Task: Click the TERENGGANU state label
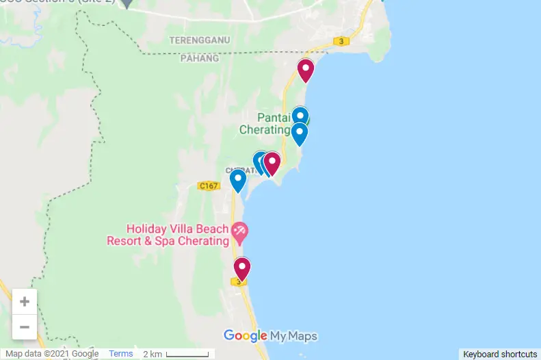(200, 40)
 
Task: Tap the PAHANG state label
(200, 58)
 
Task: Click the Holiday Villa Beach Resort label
(168, 235)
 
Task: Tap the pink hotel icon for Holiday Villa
(239, 232)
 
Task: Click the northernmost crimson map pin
(305, 69)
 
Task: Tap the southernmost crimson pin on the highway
(241, 268)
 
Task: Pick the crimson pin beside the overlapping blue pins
(272, 162)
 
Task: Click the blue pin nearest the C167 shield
(237, 179)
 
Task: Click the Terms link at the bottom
(121, 354)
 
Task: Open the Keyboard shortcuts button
(499, 354)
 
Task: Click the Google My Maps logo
(270, 335)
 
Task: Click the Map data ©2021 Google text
(52, 354)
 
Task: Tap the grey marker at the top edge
(127, 3)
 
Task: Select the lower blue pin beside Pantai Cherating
(299, 133)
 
